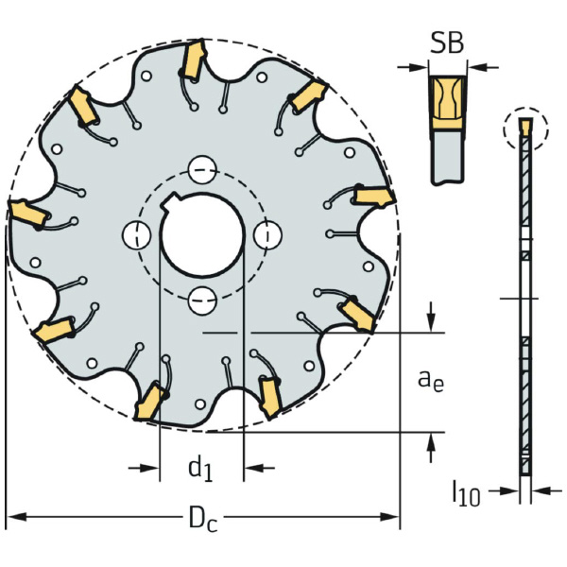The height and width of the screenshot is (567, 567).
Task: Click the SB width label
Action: [447, 43]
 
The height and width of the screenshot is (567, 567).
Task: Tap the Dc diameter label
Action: [203, 519]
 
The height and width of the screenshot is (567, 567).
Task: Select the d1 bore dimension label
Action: [200, 469]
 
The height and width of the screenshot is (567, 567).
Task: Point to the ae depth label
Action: [431, 381]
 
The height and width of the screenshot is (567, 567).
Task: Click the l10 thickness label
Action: [466, 492]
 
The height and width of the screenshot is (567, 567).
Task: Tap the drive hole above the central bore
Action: [202, 170]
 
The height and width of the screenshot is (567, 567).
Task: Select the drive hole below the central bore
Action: [202, 301]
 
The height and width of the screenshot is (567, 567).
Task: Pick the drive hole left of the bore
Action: [137, 235]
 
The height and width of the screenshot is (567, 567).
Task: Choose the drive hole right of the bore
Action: [268, 235]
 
